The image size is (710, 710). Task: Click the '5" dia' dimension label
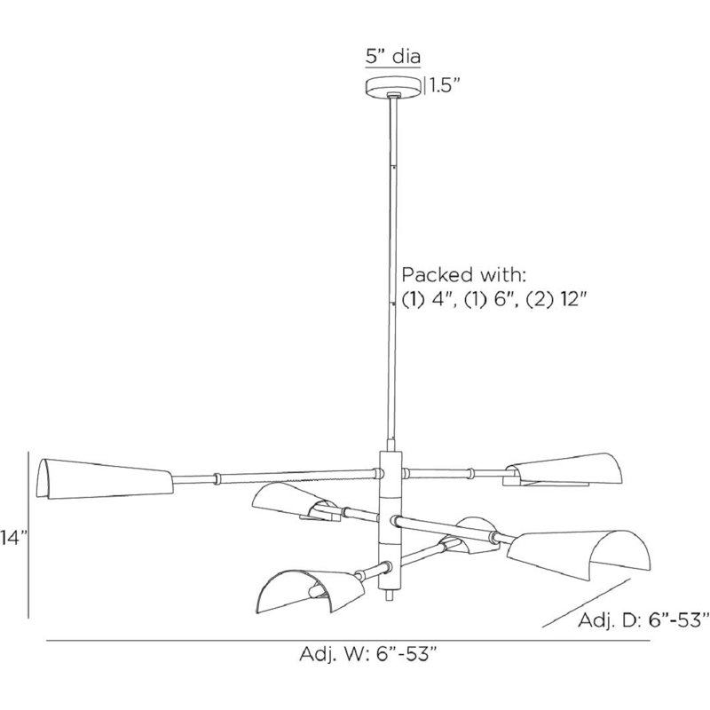point(393,57)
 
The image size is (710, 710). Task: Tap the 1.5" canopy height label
point(446,85)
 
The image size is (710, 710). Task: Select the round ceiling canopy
point(394,87)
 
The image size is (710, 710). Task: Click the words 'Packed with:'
point(463,274)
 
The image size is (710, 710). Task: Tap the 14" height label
point(13,539)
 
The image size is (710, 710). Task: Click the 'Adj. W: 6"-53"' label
point(368,654)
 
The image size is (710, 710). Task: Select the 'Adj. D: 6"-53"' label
point(643,619)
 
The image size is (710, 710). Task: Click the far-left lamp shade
point(105,479)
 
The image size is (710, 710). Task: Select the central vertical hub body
point(390,519)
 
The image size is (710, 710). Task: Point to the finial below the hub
point(390,595)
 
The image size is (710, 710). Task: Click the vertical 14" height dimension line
point(29,534)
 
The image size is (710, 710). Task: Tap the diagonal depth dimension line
point(587,603)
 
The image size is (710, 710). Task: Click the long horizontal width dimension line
point(348,640)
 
